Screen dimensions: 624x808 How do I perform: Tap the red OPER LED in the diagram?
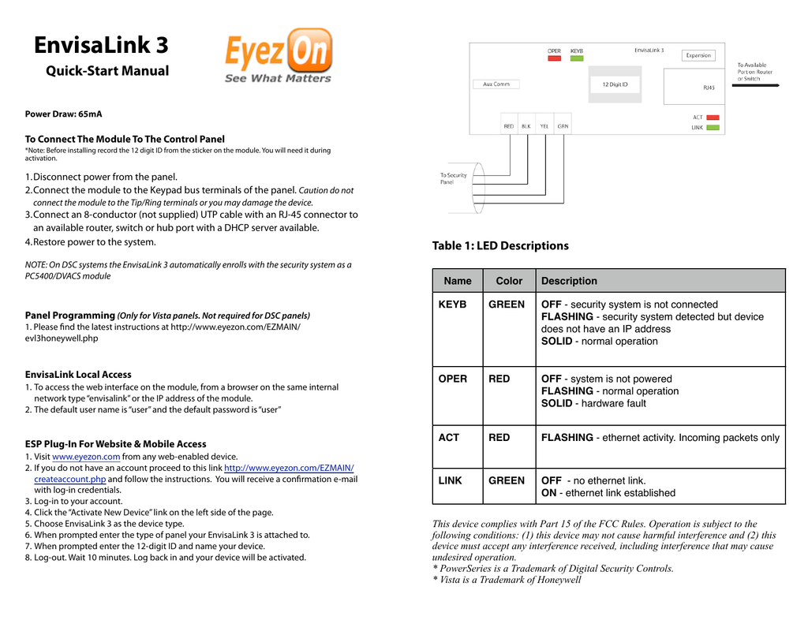coord(555,58)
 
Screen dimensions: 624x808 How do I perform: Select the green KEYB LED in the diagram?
coord(577,58)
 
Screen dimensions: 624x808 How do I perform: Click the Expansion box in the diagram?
coord(698,55)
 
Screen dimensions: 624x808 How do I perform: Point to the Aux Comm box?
coord(496,84)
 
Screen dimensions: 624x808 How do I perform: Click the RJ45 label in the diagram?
coord(709,88)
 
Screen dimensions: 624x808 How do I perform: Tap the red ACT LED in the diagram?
coord(713,118)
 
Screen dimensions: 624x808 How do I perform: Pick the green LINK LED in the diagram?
coord(713,127)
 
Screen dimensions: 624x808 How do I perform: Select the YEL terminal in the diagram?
coord(544,126)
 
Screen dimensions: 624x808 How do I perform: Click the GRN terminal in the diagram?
coord(563,126)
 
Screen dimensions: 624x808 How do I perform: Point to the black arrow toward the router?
coord(755,86)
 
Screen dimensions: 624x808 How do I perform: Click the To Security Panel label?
coord(453,179)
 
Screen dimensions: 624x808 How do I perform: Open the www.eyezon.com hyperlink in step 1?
coord(86,457)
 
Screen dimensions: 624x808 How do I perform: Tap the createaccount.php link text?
coord(69,479)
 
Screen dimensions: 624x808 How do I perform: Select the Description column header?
coord(569,281)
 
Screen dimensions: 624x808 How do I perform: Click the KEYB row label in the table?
coord(452,305)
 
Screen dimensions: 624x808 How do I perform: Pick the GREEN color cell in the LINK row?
coord(506,480)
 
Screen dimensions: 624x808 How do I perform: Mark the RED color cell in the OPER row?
coord(499,379)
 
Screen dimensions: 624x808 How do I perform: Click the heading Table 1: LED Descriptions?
coord(500,246)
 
